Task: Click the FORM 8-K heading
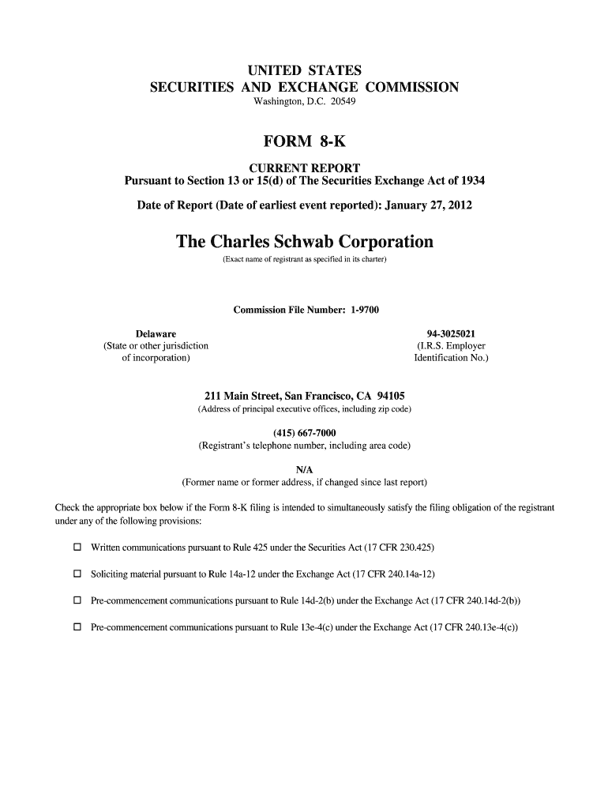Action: click(x=304, y=142)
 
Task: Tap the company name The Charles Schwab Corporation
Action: click(x=304, y=241)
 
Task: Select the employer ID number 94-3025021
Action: click(x=451, y=333)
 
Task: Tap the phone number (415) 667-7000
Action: click(x=304, y=433)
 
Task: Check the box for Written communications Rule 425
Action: click(x=77, y=547)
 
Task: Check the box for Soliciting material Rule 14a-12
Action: click(x=77, y=574)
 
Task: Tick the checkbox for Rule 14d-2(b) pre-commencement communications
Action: click(x=77, y=600)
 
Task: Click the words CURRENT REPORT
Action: click(x=304, y=168)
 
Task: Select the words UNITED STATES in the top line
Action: click(x=304, y=70)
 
